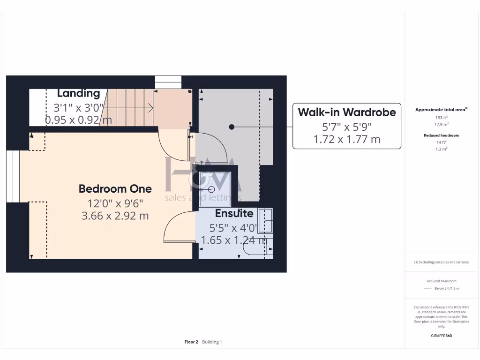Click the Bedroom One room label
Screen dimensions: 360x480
click(x=115, y=189)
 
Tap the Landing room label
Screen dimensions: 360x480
click(x=78, y=94)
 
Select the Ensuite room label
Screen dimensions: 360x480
click(x=234, y=213)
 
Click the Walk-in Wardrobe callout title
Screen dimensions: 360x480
click(x=347, y=112)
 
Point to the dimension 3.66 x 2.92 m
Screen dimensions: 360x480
click(x=115, y=216)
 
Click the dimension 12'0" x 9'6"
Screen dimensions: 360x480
click(x=115, y=203)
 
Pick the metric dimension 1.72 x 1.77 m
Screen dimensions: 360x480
click(x=347, y=139)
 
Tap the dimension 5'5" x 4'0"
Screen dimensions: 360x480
click(x=233, y=228)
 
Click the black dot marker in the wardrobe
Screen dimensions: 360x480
click(x=231, y=127)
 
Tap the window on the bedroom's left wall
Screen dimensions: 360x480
click(x=13, y=176)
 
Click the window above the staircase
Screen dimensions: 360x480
click(x=168, y=82)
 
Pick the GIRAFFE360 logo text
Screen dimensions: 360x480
click(x=442, y=336)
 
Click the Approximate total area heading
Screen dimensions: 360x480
click(x=441, y=110)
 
